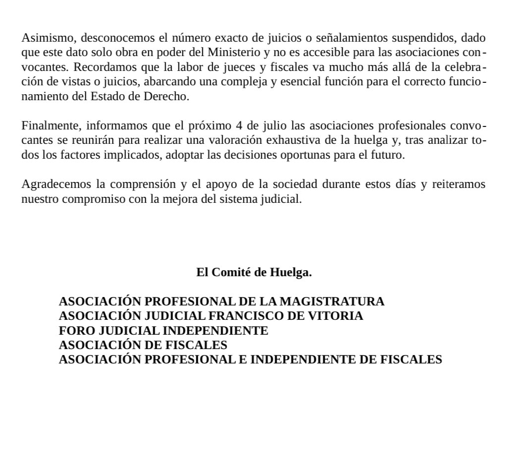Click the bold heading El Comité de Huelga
click(254, 272)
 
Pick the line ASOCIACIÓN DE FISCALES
click(143, 345)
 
